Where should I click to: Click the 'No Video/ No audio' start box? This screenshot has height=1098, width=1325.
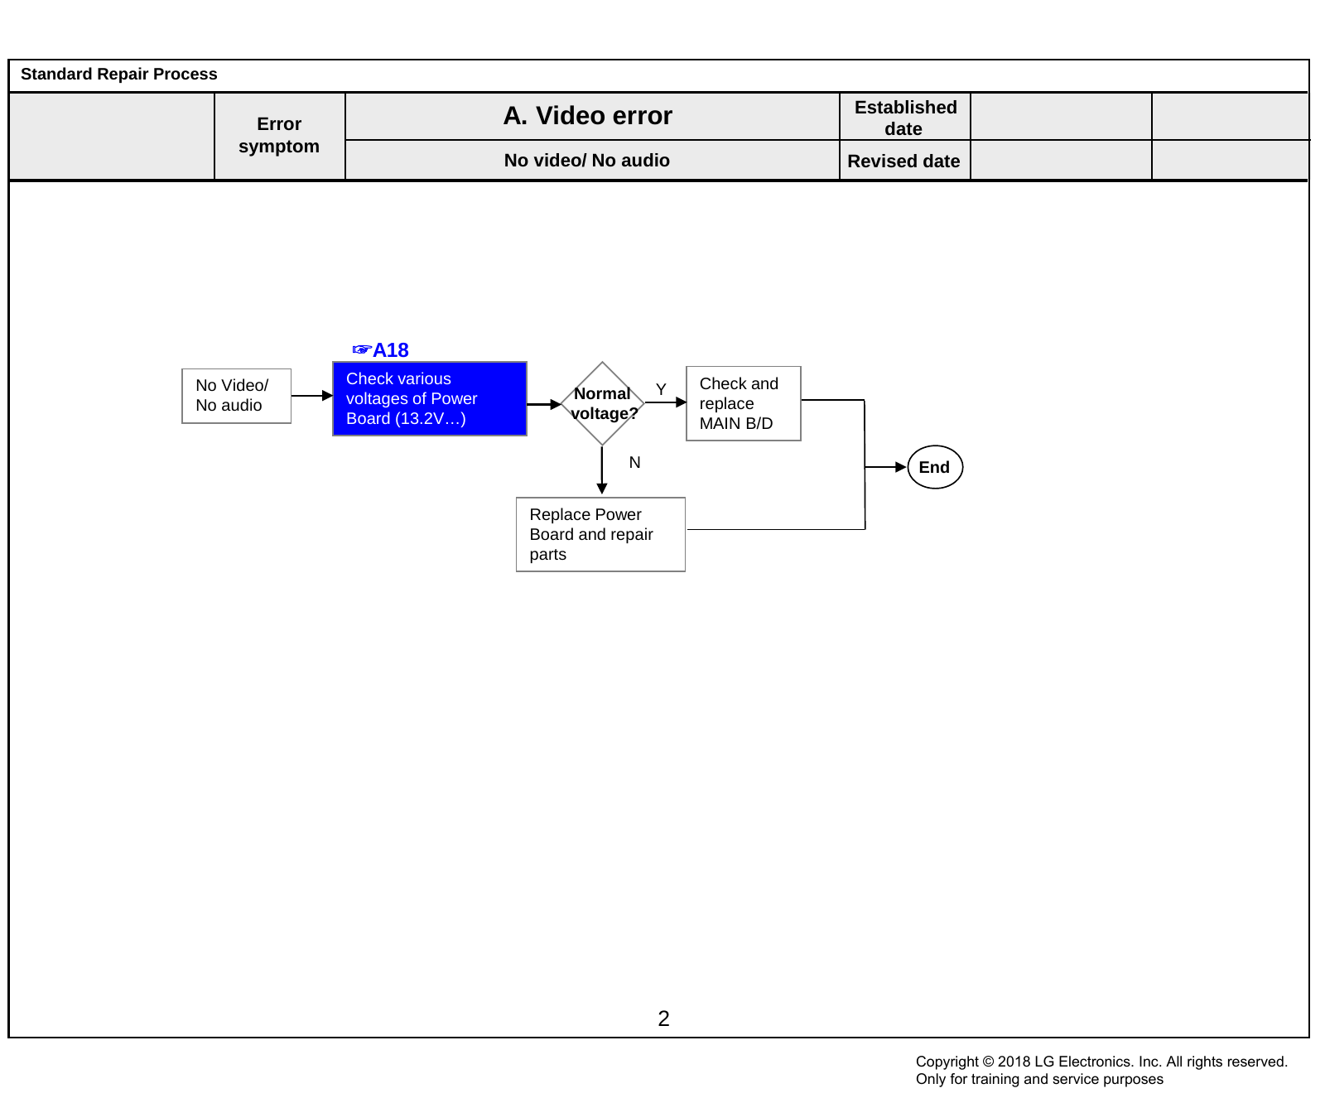point(236,396)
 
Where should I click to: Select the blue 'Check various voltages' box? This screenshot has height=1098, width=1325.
point(430,398)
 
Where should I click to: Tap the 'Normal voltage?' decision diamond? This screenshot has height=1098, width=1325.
point(603,403)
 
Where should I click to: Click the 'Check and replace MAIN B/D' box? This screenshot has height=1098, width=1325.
point(744,403)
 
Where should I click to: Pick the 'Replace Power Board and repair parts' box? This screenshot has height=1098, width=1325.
point(600,534)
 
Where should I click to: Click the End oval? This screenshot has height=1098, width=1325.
point(935,467)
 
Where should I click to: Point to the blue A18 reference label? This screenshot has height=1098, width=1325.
point(381,350)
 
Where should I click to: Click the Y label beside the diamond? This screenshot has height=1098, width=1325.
point(661,389)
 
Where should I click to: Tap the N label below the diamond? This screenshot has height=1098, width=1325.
point(634,462)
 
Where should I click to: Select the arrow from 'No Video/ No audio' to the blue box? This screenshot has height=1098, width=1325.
point(312,396)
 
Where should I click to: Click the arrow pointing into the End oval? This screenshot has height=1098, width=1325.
point(886,467)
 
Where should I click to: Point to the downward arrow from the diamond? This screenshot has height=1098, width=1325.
point(602,470)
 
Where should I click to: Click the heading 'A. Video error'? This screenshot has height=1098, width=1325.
point(588,116)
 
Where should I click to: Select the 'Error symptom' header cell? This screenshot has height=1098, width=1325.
point(279,135)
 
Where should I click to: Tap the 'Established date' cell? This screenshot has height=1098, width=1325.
point(905,117)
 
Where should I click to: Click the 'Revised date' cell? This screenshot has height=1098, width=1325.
point(905,161)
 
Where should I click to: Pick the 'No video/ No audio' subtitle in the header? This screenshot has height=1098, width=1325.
point(587,161)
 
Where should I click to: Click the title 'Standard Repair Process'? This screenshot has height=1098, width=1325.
point(119,75)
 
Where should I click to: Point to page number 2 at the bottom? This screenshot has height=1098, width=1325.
point(663,1019)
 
